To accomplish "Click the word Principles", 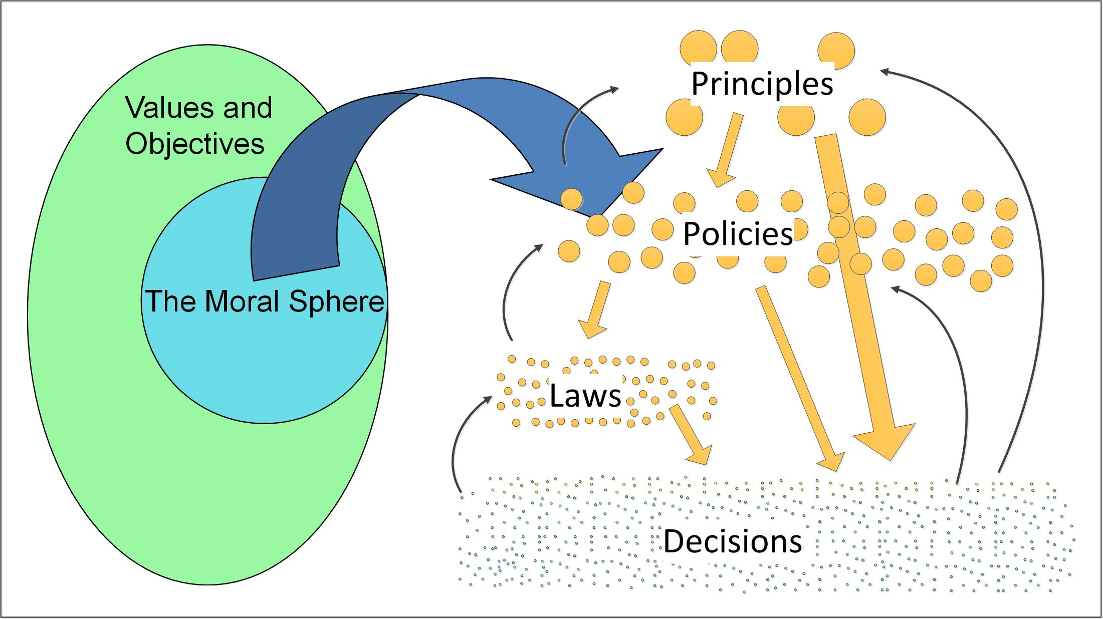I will (762, 84).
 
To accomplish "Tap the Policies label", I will (738, 233).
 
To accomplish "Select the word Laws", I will (585, 396).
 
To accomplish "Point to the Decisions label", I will (733, 541).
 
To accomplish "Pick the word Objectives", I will (195, 144).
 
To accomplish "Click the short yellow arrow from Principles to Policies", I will (727, 150).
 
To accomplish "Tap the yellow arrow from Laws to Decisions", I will (689, 433).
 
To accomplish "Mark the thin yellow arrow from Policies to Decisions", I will (797, 376).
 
